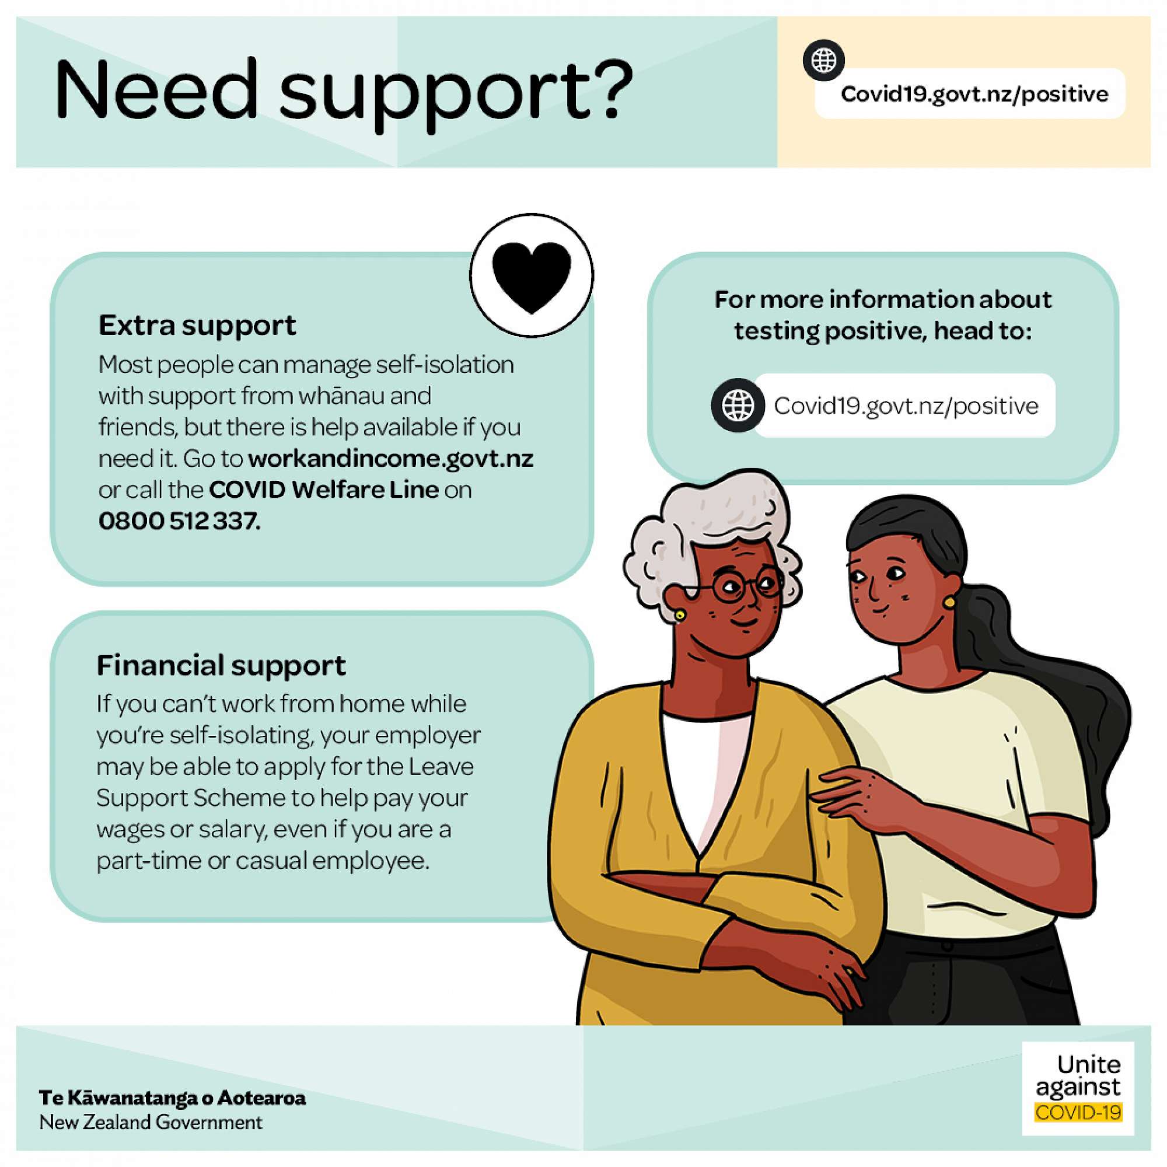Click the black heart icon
tap(531, 277)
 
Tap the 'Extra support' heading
tap(198, 325)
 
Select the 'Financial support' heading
tap(221, 665)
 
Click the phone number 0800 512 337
tap(179, 520)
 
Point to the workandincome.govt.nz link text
tap(391, 459)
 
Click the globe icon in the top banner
tap(823, 60)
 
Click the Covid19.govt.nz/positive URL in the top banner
tap(974, 94)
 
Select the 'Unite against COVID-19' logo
tap(1078, 1096)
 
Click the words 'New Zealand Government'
tap(151, 1122)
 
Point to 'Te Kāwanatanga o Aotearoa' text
tap(172, 1097)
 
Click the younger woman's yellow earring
tap(949, 602)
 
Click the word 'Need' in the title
tap(157, 89)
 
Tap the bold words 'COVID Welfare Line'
tap(324, 490)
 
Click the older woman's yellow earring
tap(680, 615)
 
